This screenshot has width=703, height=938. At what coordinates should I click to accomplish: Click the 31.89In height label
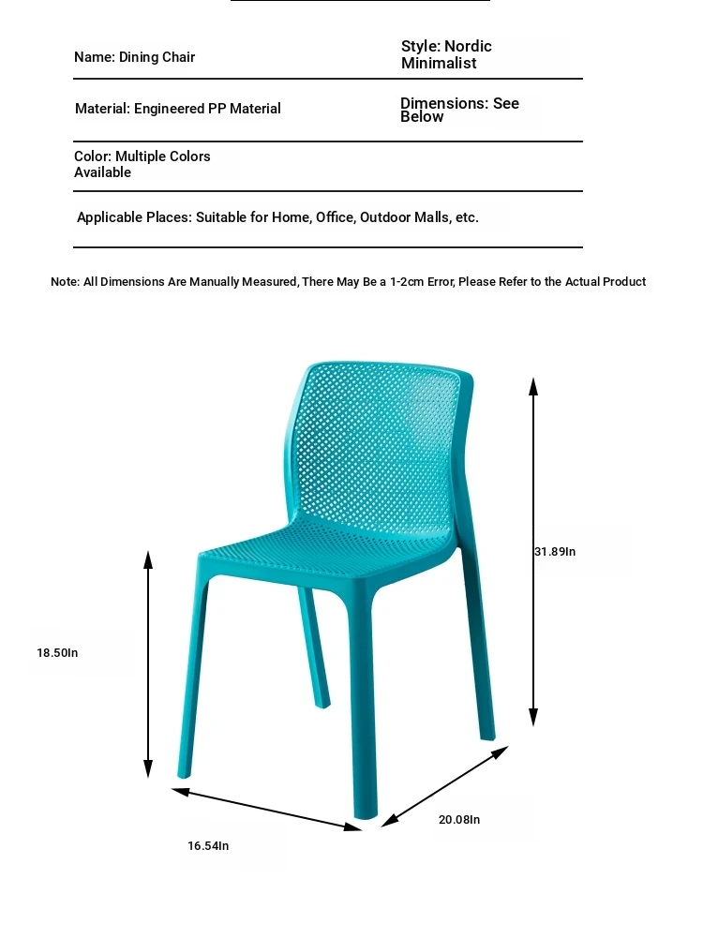click(x=555, y=552)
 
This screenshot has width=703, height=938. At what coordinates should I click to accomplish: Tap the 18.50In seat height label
click(x=57, y=652)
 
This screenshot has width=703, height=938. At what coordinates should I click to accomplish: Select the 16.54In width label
click(x=208, y=845)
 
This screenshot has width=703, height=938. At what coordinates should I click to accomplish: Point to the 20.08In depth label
click(x=459, y=819)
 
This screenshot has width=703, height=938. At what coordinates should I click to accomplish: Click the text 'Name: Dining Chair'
click(x=135, y=57)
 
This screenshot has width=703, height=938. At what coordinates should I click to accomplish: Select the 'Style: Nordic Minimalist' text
click(x=446, y=54)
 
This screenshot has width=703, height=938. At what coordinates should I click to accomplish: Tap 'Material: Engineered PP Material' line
click(x=178, y=109)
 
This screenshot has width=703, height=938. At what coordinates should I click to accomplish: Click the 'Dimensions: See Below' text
click(x=459, y=110)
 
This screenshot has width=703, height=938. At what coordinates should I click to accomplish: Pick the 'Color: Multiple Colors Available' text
click(x=142, y=164)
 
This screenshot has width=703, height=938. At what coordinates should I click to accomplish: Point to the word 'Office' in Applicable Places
click(x=335, y=217)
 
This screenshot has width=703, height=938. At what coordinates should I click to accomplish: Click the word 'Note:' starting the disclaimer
click(x=65, y=282)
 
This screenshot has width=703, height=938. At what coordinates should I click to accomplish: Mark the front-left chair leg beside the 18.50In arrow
click(x=193, y=675)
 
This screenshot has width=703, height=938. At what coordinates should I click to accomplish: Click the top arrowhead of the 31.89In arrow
click(x=533, y=385)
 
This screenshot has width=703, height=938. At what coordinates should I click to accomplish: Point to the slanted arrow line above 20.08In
click(x=445, y=785)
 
